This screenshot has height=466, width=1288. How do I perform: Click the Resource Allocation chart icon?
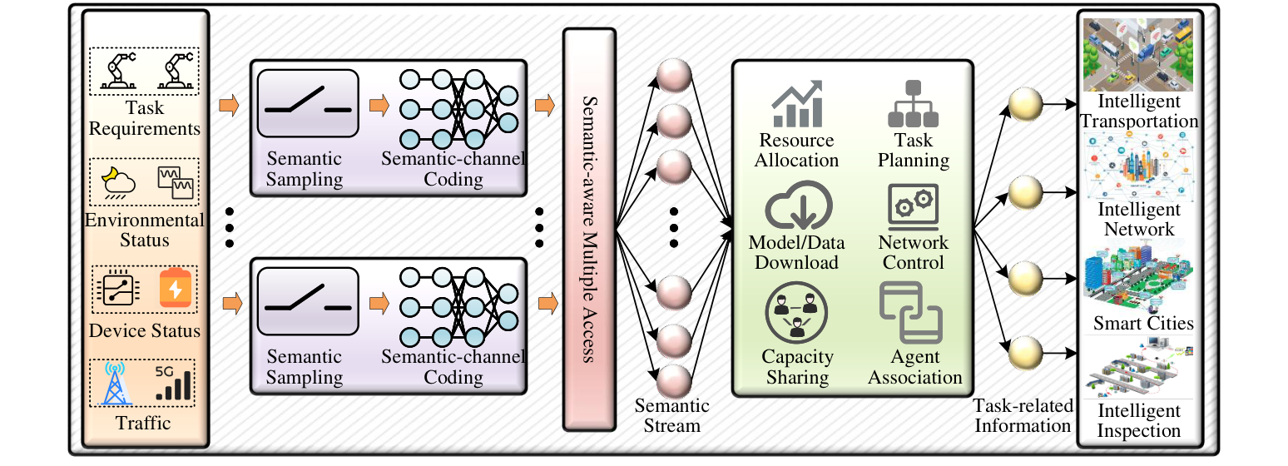[x=796, y=103]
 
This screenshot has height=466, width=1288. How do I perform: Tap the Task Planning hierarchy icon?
[x=914, y=103]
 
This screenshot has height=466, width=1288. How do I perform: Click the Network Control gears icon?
[x=914, y=208]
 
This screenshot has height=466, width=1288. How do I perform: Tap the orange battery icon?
[x=175, y=288]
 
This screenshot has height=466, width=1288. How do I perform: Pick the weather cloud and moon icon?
[x=114, y=181]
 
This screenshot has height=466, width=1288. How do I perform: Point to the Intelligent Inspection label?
[x=1138, y=421]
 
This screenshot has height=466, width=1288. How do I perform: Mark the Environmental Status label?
[x=144, y=231]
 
